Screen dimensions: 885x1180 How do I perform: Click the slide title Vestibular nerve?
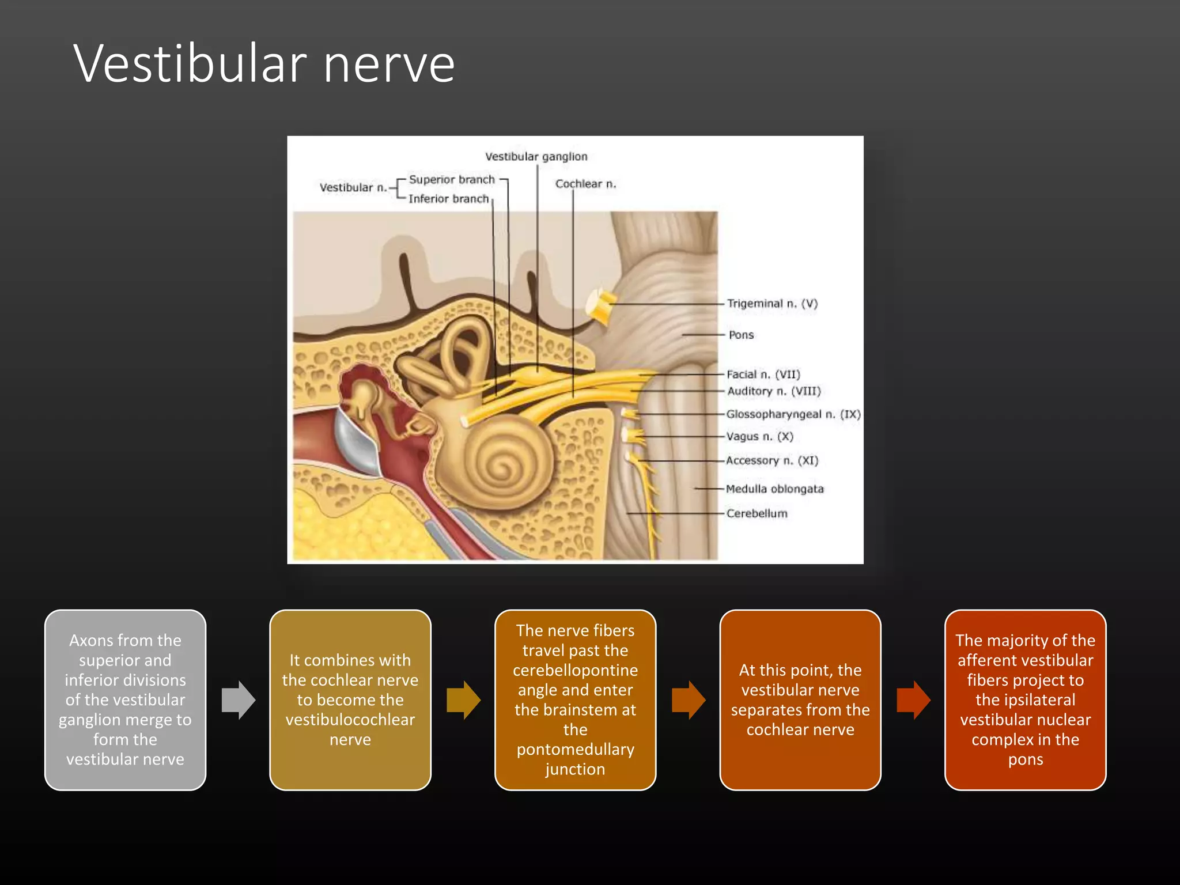[x=264, y=63]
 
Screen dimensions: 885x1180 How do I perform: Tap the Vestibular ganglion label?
[x=536, y=157]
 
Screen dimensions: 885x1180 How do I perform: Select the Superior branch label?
[x=452, y=180]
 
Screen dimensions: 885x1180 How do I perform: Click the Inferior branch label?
[x=448, y=199]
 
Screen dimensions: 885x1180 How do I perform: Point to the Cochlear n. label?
[x=585, y=184]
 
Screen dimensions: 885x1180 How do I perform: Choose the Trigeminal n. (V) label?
[x=772, y=304]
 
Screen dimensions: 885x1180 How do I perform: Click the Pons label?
[x=741, y=335]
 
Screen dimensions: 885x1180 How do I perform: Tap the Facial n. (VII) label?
[x=763, y=375]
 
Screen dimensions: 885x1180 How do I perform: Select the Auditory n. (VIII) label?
[x=774, y=391]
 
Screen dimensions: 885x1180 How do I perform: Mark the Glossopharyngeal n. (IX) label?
[x=793, y=414]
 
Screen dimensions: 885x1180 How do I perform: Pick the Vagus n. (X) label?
[x=759, y=437]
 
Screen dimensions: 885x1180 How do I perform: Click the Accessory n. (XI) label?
[x=772, y=460]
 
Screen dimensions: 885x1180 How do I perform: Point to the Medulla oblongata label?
[x=774, y=489]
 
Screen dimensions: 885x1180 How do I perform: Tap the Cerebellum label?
[x=757, y=513]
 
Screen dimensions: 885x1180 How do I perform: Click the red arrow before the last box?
[x=913, y=700]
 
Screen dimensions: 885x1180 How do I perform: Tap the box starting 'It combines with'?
[x=350, y=700]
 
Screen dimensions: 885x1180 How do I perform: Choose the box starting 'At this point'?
[x=800, y=700]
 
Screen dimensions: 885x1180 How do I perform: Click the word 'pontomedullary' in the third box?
[x=575, y=750]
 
